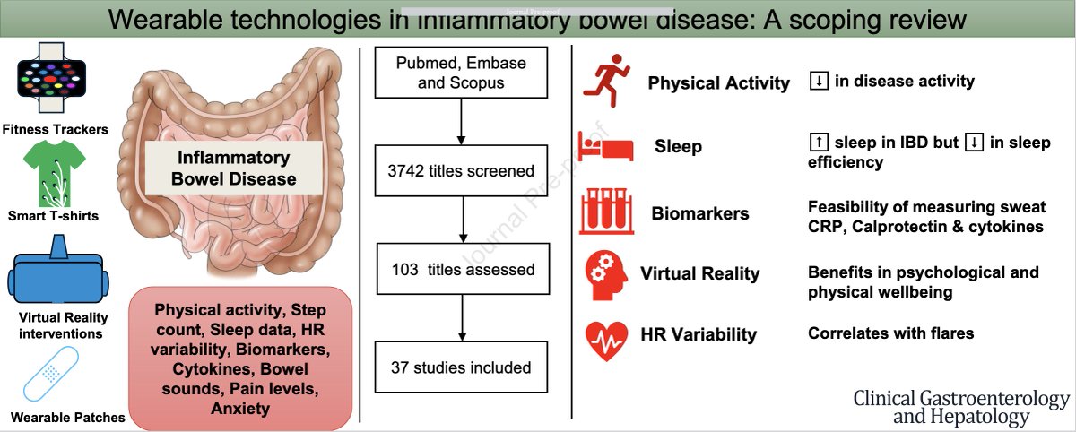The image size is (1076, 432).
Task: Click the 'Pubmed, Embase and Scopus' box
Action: [x=460, y=74]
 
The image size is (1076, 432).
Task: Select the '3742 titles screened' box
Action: [x=460, y=171]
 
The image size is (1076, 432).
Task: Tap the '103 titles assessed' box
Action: [x=460, y=269]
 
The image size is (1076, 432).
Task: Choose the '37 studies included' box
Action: [x=460, y=367]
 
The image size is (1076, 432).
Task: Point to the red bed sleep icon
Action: [x=604, y=145]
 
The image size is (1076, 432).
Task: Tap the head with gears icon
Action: [x=605, y=275]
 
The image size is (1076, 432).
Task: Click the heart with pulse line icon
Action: [x=606, y=335]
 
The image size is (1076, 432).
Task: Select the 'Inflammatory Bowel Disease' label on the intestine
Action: [x=233, y=168]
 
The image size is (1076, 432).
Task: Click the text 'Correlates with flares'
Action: [x=890, y=333]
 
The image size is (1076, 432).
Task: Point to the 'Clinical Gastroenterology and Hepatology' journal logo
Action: [x=960, y=407]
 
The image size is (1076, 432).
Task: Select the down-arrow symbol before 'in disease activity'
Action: [x=818, y=81]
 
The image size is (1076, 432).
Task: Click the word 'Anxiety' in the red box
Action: [x=241, y=410]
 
